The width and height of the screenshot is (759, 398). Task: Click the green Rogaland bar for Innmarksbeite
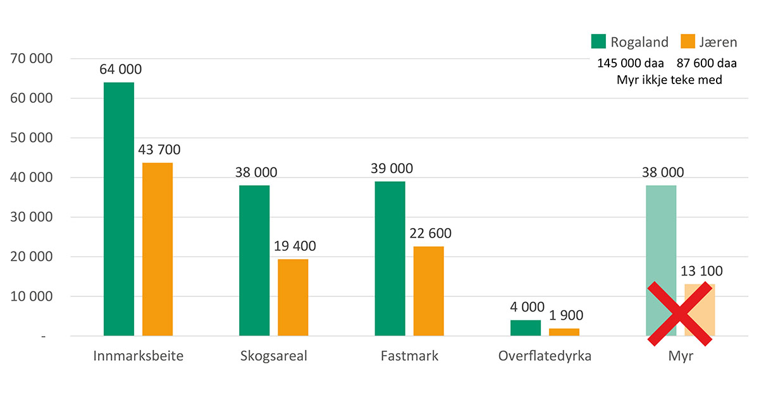tap(119, 208)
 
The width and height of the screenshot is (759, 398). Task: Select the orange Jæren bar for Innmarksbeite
tap(157, 249)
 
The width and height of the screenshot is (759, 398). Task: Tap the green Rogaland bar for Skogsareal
tap(254, 260)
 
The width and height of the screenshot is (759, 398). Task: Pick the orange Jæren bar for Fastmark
tap(428, 291)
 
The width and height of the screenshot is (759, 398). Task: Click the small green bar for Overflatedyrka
tap(526, 328)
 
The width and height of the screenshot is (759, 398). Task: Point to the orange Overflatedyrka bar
tap(564, 332)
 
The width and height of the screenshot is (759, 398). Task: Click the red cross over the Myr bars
tap(679, 314)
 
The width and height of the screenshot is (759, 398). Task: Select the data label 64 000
tap(120, 69)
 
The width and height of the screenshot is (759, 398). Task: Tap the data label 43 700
tap(159, 150)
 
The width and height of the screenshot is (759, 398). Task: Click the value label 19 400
tap(295, 246)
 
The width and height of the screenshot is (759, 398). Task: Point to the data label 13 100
tap(701, 271)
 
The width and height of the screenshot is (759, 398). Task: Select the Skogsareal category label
tap(274, 356)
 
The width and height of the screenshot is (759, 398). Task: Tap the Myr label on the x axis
tap(681, 356)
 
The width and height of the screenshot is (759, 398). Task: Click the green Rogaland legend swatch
tap(598, 42)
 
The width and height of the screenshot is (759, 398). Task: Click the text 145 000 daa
tap(631, 64)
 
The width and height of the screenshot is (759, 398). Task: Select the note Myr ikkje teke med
tap(669, 80)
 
